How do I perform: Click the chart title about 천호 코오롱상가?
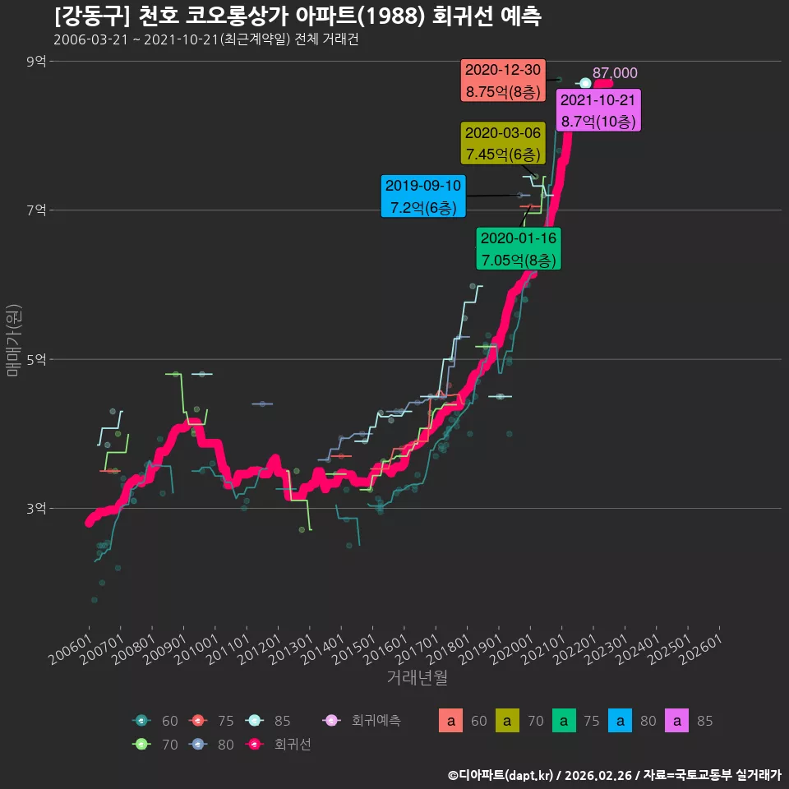298,16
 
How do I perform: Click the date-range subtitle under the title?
205,39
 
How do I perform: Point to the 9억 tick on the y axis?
36,62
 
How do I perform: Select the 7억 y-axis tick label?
36,210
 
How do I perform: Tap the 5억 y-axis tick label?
36,359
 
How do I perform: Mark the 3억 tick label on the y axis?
36,508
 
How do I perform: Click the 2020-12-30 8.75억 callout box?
503,81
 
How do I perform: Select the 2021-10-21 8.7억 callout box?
598,110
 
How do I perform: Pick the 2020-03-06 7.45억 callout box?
503,143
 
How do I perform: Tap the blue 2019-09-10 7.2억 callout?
423,196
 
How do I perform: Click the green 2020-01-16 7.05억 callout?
519,248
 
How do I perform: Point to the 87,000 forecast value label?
615,73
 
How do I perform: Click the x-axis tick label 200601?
71,649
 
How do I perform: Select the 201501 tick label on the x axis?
353,649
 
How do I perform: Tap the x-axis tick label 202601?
700,649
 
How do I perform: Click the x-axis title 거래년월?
418,677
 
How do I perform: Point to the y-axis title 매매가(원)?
13,340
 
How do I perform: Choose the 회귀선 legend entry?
279,745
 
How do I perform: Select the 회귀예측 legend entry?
362,721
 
